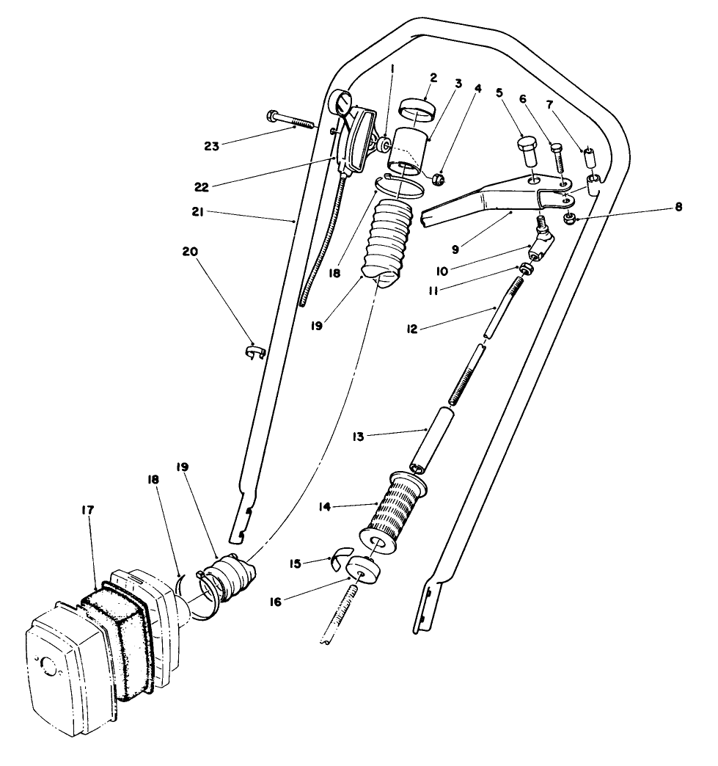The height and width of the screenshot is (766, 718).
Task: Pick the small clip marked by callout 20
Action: pyautogui.click(x=254, y=352)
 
